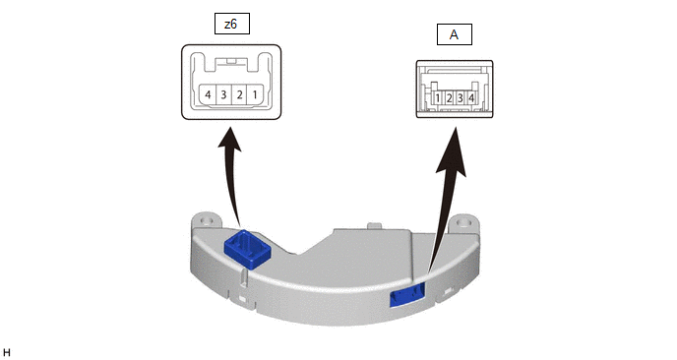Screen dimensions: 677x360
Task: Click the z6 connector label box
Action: coord(232,24)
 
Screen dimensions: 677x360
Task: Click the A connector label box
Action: coord(455,34)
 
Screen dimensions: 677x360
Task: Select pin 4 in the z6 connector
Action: coord(208,94)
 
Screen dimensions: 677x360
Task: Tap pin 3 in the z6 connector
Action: coord(223,94)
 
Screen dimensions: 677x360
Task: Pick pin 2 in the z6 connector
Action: coord(240,94)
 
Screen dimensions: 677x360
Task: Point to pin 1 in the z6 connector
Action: coord(255,94)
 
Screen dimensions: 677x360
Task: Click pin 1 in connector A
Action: coord(437,98)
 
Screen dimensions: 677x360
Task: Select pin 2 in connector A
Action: coord(449,98)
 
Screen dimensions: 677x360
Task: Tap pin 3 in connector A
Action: coord(460,98)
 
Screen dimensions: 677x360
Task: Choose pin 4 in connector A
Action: coord(471,98)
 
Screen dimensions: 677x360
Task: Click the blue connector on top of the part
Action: coord(247,249)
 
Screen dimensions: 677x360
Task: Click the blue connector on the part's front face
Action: coord(407,295)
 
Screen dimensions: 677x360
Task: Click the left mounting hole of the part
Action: coord(206,221)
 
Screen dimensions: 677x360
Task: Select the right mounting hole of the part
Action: coord(464,222)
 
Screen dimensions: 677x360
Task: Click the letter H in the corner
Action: coord(6,353)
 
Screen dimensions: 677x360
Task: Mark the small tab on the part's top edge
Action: coord(374,226)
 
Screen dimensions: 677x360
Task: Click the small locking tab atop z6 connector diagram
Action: coord(231,62)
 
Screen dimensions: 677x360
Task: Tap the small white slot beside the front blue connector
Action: coord(448,292)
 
